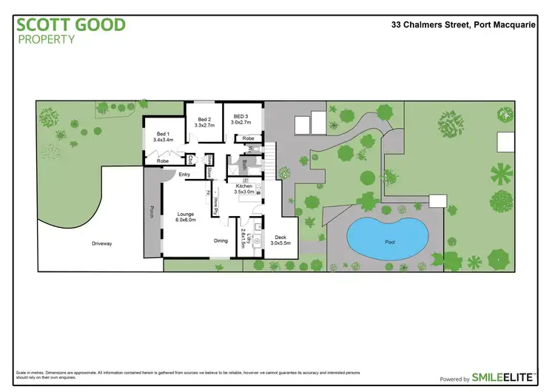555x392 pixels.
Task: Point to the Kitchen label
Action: click(x=244, y=188)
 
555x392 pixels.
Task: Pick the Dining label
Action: click(x=221, y=240)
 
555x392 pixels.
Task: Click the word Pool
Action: click(x=390, y=242)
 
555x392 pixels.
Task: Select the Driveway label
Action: click(x=102, y=243)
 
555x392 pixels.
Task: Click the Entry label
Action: click(x=184, y=175)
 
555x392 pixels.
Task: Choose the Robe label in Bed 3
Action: click(x=249, y=138)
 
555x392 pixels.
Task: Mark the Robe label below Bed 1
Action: click(x=162, y=160)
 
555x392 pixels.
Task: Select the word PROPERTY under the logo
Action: click(x=45, y=38)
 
